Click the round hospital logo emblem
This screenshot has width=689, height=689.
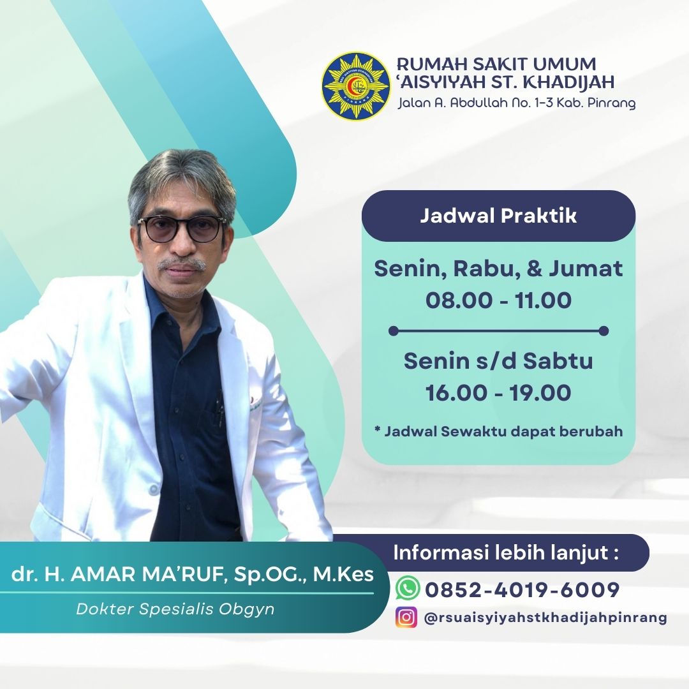pyautogui.click(x=355, y=87)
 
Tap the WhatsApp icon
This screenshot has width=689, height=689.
pyautogui.click(x=407, y=588)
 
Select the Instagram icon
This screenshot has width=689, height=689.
pyautogui.click(x=406, y=617)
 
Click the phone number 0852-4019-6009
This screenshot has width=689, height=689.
pyautogui.click(x=522, y=589)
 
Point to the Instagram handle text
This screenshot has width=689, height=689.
pyautogui.click(x=545, y=618)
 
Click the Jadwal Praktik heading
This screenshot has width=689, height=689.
pyautogui.click(x=498, y=216)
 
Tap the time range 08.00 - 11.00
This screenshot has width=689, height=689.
pyautogui.click(x=498, y=300)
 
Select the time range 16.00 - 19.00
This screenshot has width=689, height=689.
pyautogui.click(x=498, y=392)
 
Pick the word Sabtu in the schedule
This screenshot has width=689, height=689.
pyautogui.click(x=558, y=360)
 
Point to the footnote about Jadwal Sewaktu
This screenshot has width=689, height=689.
pyautogui.click(x=498, y=431)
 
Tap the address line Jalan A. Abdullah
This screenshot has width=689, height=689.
pyautogui.click(x=517, y=103)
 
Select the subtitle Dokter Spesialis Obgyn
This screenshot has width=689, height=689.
pyautogui.click(x=175, y=609)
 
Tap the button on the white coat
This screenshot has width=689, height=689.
pyautogui.click(x=153, y=489)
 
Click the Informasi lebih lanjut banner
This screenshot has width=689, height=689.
pyautogui.click(x=505, y=552)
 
